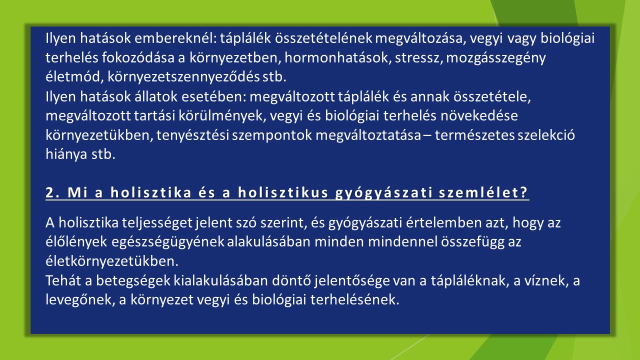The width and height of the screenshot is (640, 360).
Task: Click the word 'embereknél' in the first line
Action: [x=175, y=38]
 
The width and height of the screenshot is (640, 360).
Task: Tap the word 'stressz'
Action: [x=419, y=58]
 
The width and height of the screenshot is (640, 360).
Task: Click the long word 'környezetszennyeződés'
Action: [x=183, y=77]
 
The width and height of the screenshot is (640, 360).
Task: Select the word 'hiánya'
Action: [x=66, y=155]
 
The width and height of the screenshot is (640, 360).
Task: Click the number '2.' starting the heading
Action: [x=53, y=192]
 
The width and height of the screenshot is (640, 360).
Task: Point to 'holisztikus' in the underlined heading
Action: [x=283, y=192]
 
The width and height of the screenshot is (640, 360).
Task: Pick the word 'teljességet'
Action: [x=157, y=223]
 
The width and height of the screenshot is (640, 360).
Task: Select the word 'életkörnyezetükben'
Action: [x=112, y=261]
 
